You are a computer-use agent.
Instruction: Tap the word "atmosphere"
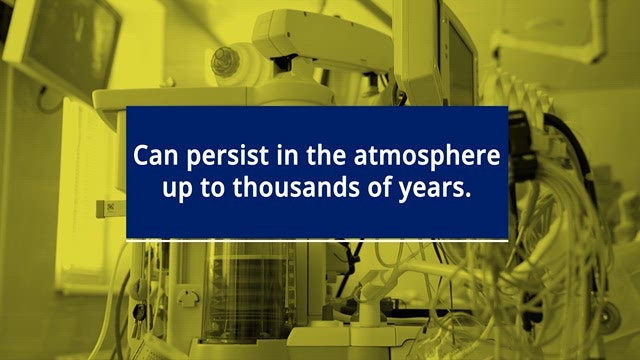427,157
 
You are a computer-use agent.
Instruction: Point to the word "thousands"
296,188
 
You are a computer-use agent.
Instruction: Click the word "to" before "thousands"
212,189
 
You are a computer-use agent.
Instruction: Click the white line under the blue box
317,241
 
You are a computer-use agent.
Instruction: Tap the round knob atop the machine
224,61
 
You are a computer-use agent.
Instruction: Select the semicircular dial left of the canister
188,298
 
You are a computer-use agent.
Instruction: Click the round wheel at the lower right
609,316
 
